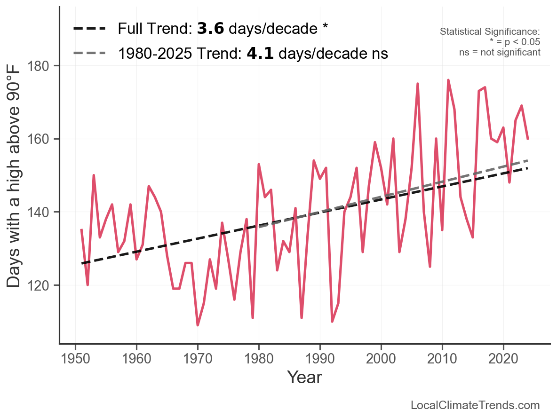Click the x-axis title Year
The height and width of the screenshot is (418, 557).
pyautogui.click(x=304, y=377)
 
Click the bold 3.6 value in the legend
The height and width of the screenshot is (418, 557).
pyautogui.click(x=210, y=29)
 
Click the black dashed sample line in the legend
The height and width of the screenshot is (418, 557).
pyautogui.click(x=90, y=29)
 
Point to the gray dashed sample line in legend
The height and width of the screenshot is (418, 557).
pyautogui.click(x=90, y=53)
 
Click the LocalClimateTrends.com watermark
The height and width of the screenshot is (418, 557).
pyautogui.click(x=475, y=405)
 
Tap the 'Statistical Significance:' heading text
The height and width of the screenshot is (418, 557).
pyautogui.click(x=490, y=32)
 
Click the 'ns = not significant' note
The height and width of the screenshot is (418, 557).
pyautogui.click(x=500, y=52)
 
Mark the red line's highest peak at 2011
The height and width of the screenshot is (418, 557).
pyautogui.click(x=448, y=80)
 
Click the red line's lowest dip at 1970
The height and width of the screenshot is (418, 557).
pyautogui.click(x=198, y=325)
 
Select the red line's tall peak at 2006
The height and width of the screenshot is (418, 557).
pyautogui.click(x=417, y=84)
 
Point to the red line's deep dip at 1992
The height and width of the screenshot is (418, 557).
pyautogui.click(x=332, y=321)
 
